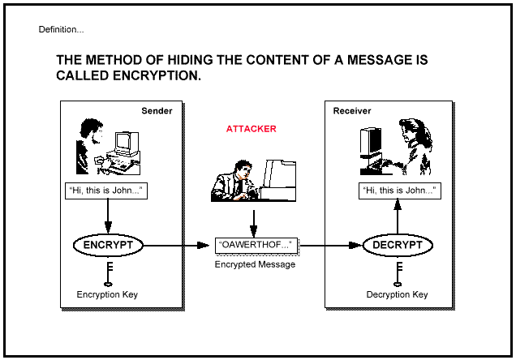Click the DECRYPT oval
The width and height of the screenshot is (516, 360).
tap(398, 245)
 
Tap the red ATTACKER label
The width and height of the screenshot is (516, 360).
tap(251, 129)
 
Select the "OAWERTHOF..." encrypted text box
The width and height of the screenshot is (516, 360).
tap(256, 245)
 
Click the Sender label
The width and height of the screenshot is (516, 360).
tap(157, 111)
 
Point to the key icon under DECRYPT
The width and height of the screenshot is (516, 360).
tap(398, 272)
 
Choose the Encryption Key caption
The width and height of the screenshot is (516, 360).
tap(107, 294)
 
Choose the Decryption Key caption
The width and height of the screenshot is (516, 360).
tap(397, 294)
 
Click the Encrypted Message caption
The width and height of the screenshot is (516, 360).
tap(255, 264)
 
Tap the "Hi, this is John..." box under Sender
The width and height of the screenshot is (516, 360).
tap(106, 192)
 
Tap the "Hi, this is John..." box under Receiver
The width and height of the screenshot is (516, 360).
tap(398, 192)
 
